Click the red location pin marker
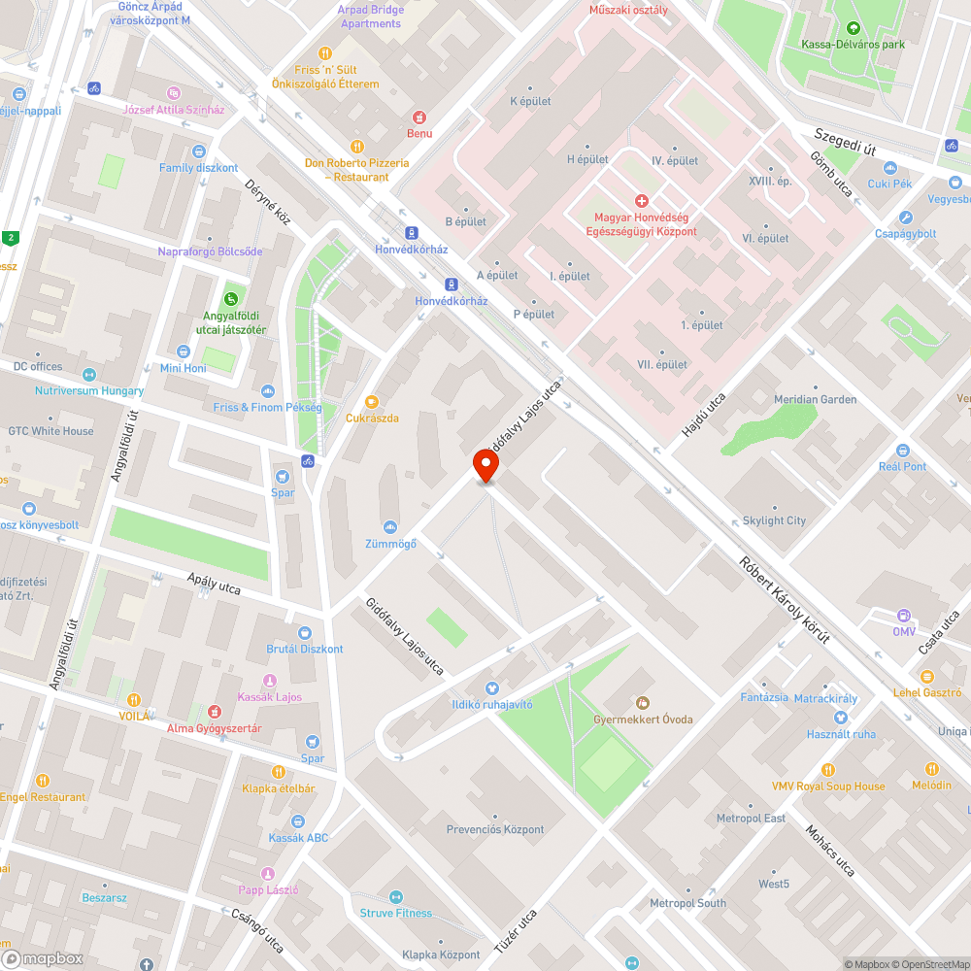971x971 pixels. click(485, 465)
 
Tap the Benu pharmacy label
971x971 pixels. click(419, 133)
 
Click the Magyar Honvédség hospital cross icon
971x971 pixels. click(641, 201)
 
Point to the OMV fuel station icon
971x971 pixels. click(904, 616)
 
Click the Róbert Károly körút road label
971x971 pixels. click(784, 599)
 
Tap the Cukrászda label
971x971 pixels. click(372, 418)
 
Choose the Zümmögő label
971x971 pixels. click(390, 544)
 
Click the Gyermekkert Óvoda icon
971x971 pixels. click(641, 702)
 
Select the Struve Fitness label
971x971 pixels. click(395, 913)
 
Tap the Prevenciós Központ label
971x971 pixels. click(495, 829)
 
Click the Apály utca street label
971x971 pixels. click(214, 584)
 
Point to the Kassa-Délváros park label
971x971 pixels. click(853, 44)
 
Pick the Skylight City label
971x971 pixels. click(774, 520)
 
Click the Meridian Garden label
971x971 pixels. click(815, 399)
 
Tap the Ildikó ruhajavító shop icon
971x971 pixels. click(491, 688)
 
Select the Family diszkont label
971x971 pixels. click(198, 168)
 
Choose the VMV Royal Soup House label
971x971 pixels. click(828, 786)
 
